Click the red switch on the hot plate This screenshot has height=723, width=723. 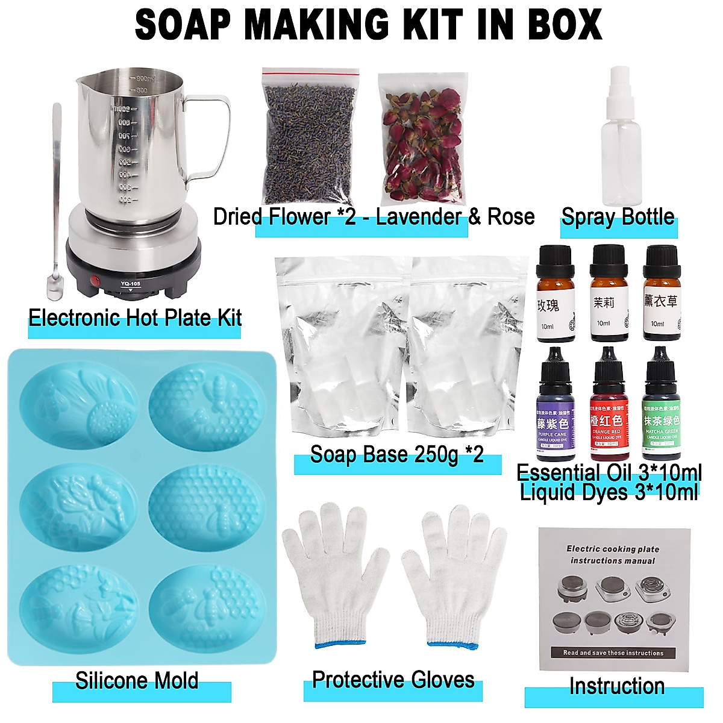pyautogui.click(x=94, y=280)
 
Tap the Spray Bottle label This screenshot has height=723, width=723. pyautogui.click(x=618, y=217)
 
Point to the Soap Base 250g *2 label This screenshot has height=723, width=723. pyautogui.click(x=396, y=454)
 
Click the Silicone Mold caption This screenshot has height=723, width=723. pyautogui.click(x=137, y=681)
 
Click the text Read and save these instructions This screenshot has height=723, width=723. pyautogui.click(x=613, y=653)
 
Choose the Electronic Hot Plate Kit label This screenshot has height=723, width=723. pyautogui.click(x=135, y=318)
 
